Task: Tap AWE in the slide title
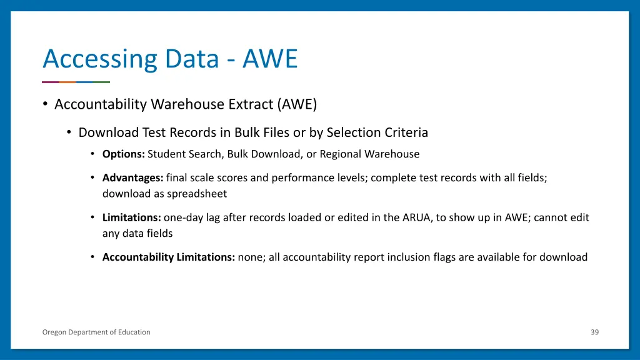[270, 59]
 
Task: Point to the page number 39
[594, 332]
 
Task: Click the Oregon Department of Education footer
[96, 332]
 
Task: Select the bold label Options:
[124, 154]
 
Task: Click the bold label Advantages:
[132, 177]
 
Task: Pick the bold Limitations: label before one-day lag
[132, 217]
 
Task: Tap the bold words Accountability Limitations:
[169, 257]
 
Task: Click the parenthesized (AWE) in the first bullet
[297, 104]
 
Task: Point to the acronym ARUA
[417, 217]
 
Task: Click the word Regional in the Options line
[341, 154]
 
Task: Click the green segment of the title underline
[101, 82]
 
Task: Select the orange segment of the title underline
[67, 82]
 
